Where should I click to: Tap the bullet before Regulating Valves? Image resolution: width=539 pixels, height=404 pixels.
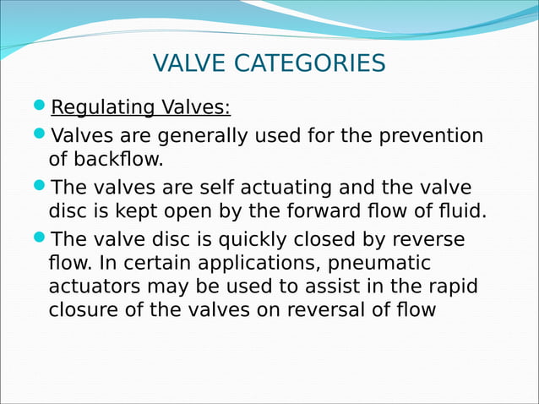[41, 107]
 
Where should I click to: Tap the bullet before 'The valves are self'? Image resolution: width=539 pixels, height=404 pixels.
[41, 186]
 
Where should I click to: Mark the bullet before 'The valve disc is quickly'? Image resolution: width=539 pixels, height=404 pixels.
[41, 238]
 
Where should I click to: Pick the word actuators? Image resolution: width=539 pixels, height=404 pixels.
[90, 287]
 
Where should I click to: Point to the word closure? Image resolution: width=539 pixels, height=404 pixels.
[84, 309]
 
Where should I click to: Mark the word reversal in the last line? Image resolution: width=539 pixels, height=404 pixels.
[332, 309]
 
